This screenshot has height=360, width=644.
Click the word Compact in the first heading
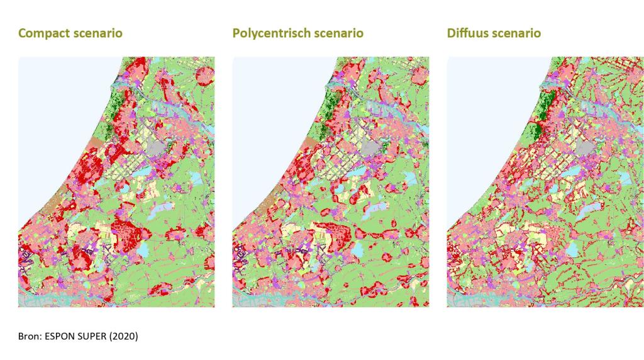[42, 33]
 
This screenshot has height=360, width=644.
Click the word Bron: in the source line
[30, 336]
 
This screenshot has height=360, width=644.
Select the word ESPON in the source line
[60, 336]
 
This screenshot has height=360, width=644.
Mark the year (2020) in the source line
[125, 336]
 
